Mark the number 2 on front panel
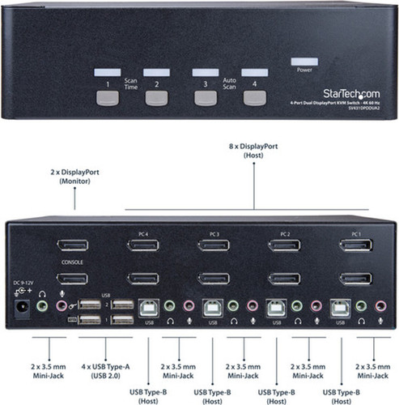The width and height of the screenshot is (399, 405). pyautogui.click(x=157, y=83)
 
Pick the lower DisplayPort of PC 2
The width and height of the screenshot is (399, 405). pyautogui.click(x=284, y=279)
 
